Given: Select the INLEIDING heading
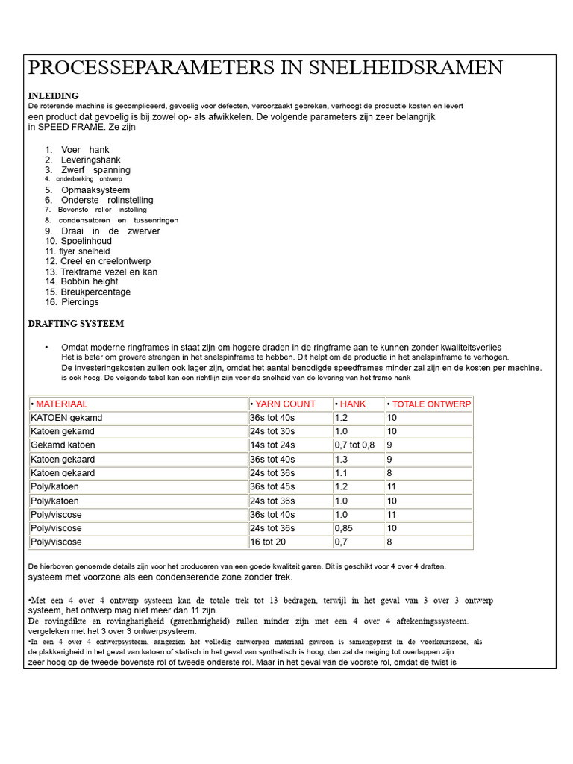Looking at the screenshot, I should click(53, 96).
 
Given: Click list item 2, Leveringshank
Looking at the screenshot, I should click(90, 160).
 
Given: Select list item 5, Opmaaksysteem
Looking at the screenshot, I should click(95, 190).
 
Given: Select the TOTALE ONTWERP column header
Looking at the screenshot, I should click(429, 404).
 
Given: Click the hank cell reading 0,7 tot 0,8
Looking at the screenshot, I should click(355, 445).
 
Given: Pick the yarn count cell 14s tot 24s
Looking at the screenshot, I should click(272, 445).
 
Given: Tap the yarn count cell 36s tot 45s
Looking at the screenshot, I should click(272, 486).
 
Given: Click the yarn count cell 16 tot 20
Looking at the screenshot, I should click(268, 542).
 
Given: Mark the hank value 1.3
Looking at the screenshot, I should click(342, 459).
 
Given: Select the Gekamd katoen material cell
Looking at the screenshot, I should click(63, 445).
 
